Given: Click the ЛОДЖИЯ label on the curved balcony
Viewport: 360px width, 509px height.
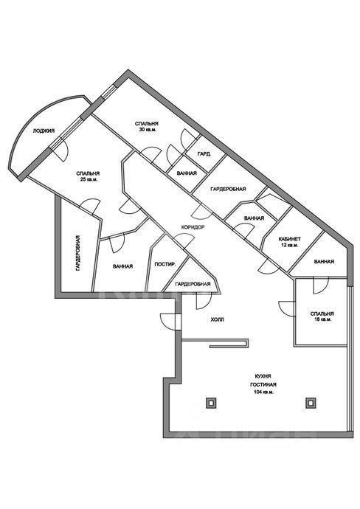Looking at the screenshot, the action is click(44, 131).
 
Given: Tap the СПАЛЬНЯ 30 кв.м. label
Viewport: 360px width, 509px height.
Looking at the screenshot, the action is click(146, 127).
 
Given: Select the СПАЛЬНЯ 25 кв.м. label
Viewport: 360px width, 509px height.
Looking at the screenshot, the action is click(88, 176).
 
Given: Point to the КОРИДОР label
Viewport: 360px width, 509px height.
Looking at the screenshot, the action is click(193, 227).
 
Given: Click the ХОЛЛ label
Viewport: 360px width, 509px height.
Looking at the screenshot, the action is click(218, 319).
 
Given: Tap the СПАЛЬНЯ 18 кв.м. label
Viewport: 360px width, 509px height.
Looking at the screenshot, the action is click(322, 316).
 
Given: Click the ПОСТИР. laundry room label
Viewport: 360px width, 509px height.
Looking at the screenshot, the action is click(165, 264).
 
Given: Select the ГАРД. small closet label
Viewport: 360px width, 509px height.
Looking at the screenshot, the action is click(204, 154).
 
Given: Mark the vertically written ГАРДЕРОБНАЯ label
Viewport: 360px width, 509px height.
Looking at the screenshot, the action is click(78, 253).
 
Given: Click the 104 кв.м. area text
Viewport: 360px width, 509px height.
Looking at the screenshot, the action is click(263, 392).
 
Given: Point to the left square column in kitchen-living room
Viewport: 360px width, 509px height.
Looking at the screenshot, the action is click(211, 403).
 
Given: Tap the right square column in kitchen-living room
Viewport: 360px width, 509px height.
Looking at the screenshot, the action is click(311, 403).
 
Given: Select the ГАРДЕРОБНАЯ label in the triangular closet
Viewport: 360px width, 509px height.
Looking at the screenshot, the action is click(193, 284).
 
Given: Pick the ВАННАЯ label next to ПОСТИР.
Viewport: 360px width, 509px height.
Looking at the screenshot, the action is click(122, 266).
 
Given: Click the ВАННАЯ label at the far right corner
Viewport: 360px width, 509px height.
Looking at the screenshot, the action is click(324, 261).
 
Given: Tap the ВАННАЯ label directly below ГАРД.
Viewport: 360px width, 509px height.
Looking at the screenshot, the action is click(187, 173).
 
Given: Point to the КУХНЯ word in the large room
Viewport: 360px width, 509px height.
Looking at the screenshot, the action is click(263, 376).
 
